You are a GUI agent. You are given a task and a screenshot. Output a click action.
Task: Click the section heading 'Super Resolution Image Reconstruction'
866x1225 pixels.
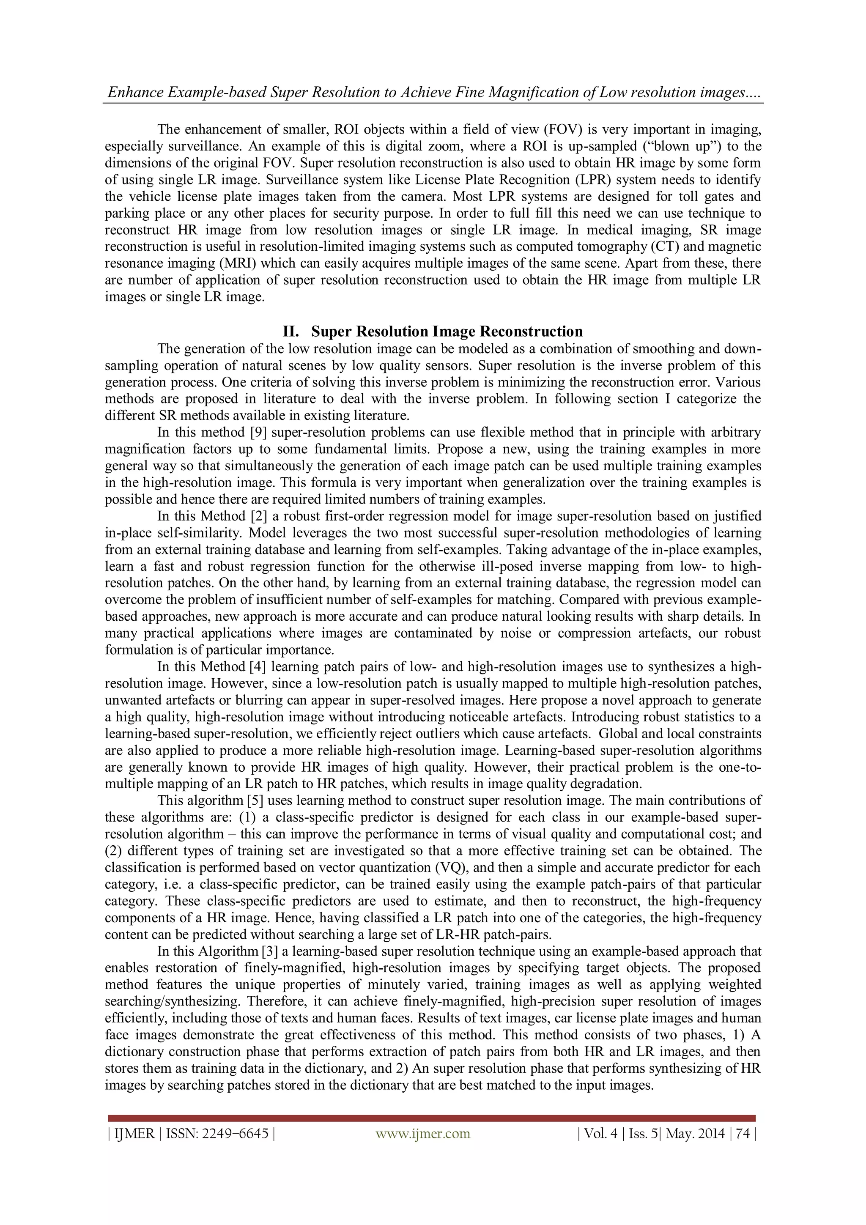pos(447,332)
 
